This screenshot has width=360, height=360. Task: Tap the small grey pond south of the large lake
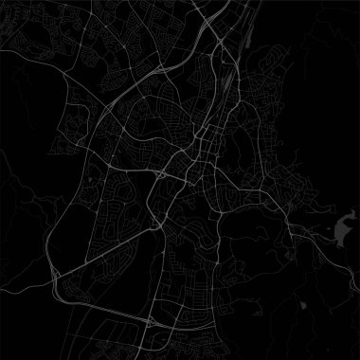pyautogui.click(x=302, y=306)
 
